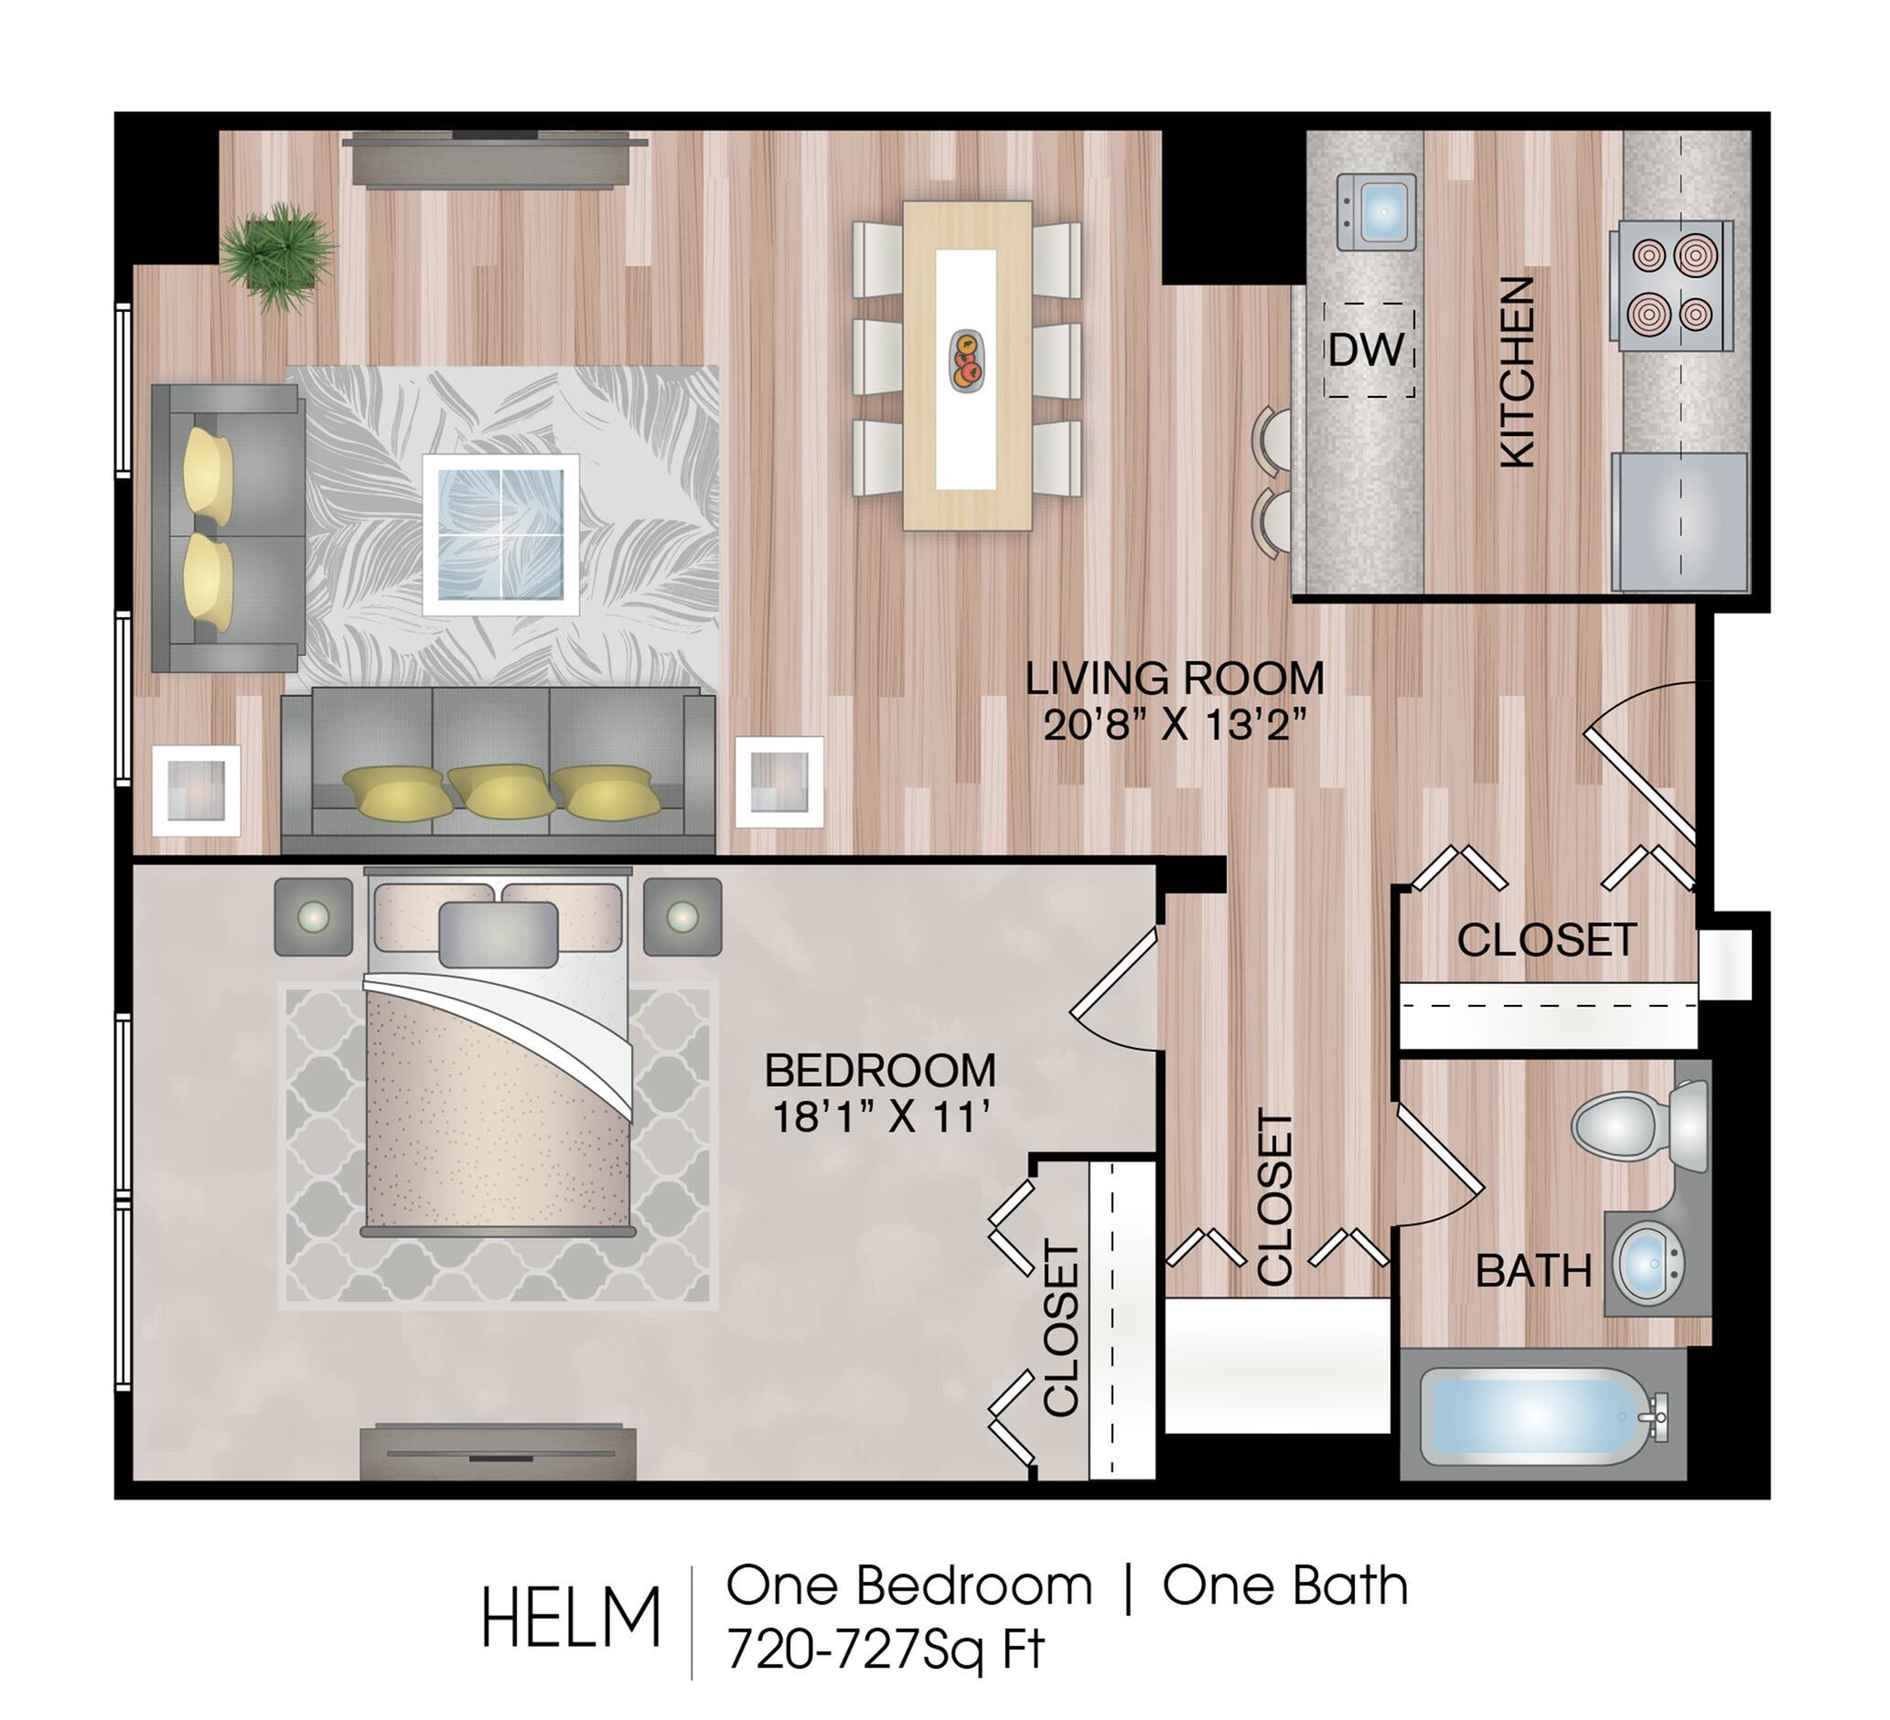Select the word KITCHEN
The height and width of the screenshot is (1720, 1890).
[1516, 372]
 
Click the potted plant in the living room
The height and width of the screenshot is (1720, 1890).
[278, 254]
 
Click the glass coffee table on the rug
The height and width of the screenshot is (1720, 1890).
[500, 534]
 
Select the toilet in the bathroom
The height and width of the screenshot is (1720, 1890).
[1638, 1125]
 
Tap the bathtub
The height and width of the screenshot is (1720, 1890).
[1542, 1416]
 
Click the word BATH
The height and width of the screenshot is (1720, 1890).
[1534, 1272]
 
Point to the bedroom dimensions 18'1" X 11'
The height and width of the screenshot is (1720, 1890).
[880, 1117]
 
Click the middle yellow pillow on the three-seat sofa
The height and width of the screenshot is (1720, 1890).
[502, 790]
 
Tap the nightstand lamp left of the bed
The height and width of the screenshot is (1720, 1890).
[313, 915]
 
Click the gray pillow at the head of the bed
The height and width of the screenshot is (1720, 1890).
[499, 934]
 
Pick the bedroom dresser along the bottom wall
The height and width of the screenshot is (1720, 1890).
[499, 1452]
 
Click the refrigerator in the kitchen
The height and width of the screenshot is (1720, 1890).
[1680, 522]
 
